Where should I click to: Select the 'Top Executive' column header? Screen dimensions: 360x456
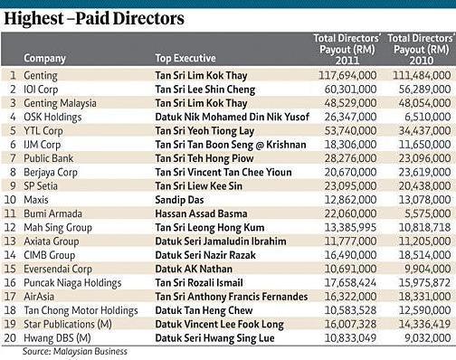pyautogui.click(x=186, y=57)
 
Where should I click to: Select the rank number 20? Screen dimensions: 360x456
pyautogui.click(x=10, y=336)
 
